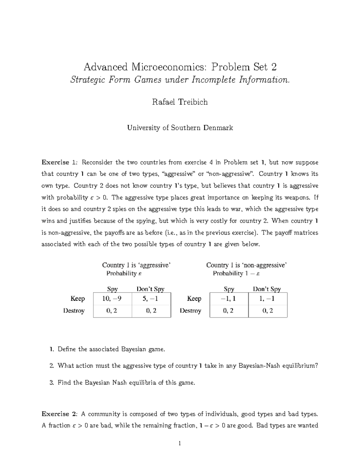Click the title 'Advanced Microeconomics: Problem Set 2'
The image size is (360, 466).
pos(180,67)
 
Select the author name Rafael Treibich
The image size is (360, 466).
pos(180,102)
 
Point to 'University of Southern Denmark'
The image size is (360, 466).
pos(180,128)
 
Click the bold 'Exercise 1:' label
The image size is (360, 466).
pos(60,162)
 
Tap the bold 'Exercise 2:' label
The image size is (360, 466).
pos(60,414)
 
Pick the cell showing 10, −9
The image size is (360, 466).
pos(112,299)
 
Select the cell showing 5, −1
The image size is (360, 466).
pos(151,299)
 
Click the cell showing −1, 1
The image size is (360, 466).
pos(229,299)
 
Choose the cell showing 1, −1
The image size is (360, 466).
pos(268,299)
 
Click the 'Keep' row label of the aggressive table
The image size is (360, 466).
pos(78,299)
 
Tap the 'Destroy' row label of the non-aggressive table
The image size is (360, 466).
pos(190,311)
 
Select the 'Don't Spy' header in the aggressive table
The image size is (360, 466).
pos(151,289)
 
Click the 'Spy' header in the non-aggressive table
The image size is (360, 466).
pos(229,289)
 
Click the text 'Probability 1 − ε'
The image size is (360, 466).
pos(236,273)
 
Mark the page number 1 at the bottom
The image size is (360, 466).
pos(180,443)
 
